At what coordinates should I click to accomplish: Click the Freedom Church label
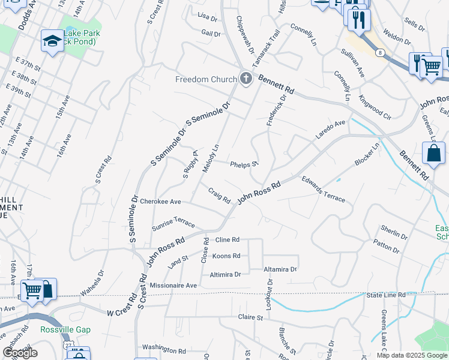205,79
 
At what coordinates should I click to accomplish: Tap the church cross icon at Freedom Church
246,79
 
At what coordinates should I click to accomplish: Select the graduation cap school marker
52,41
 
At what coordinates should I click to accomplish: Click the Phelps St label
244,163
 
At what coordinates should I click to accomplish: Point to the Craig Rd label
220,196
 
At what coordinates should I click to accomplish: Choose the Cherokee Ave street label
160,202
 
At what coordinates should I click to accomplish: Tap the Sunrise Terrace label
173,224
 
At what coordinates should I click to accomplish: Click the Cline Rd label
227,239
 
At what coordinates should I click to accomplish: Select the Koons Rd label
226,256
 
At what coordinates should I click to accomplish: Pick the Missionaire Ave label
173,286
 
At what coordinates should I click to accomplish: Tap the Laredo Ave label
331,131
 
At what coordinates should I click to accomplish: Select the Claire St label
251,317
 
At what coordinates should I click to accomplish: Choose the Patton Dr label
385,246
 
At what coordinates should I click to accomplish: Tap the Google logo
20,353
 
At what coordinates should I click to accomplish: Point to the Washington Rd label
164,349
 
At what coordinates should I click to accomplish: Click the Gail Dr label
211,34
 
